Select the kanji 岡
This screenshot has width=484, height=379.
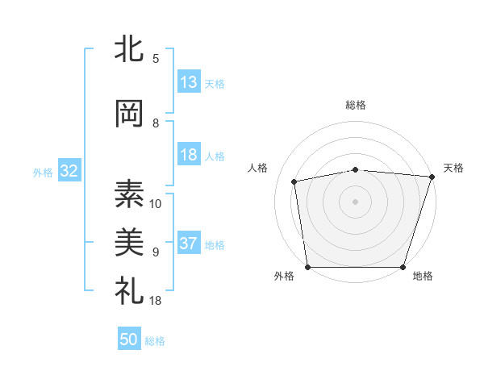coord(129,114)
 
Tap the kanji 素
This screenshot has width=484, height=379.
coord(129,193)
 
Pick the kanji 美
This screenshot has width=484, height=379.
coord(129,241)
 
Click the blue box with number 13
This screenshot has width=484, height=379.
coord(189,83)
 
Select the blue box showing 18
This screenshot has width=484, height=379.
coord(189,156)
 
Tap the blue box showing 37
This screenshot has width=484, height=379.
coord(189,244)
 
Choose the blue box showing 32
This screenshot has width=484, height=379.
coord(69,172)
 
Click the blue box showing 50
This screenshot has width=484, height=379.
coord(129,340)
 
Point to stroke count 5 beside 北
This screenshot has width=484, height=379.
coord(156,59)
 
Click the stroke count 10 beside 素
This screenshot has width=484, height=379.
coord(156,203)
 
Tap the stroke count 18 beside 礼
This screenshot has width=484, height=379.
coord(156,301)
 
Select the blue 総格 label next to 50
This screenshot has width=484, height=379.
coord(156,341)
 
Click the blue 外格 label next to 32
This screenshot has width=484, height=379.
coord(43,173)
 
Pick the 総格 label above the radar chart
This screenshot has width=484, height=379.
coord(356,105)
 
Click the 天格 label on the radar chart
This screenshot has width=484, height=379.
coord(453,168)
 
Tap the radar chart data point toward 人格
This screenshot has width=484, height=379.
coord(295,181)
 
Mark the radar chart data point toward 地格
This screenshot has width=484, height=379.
coord(403,267)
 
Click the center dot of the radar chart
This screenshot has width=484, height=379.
coord(356,201)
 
